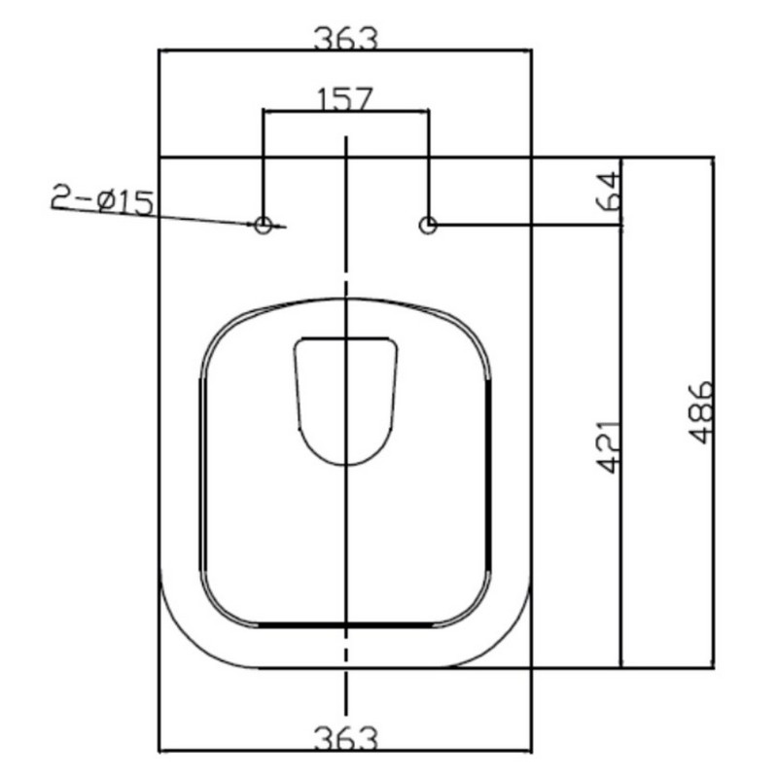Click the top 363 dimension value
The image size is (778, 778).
[x=346, y=39]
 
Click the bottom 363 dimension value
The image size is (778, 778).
[x=346, y=739]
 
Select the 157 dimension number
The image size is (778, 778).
[x=344, y=99]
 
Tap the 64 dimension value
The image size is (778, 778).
[x=610, y=191]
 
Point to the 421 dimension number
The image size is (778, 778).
[x=609, y=447]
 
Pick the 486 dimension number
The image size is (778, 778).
[x=701, y=411]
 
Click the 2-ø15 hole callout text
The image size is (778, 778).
[x=102, y=199]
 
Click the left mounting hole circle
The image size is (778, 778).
[x=263, y=225]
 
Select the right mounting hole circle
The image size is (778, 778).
[x=428, y=225]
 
